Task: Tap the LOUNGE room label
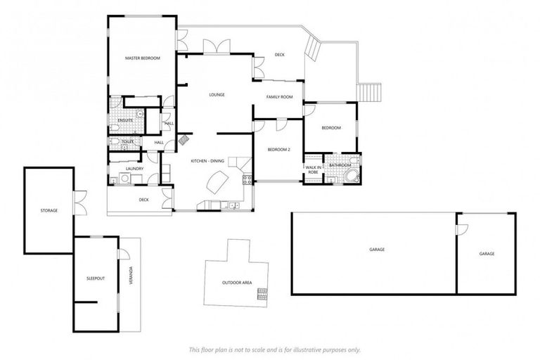pos(216,94)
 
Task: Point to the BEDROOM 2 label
pos(279,149)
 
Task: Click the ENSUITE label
pos(125,120)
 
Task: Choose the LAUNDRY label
pos(135,169)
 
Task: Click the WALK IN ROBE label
pos(313,169)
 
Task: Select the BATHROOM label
pos(340,166)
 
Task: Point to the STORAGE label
pos(49,210)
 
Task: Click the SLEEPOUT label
pos(95,278)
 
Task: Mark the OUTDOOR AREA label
pos(237,283)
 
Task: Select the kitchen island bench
pos(217,184)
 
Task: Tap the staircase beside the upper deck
pos(369,92)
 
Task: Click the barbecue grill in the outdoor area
pos(262,293)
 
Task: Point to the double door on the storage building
pos(81,202)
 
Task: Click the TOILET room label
pos(127,141)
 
